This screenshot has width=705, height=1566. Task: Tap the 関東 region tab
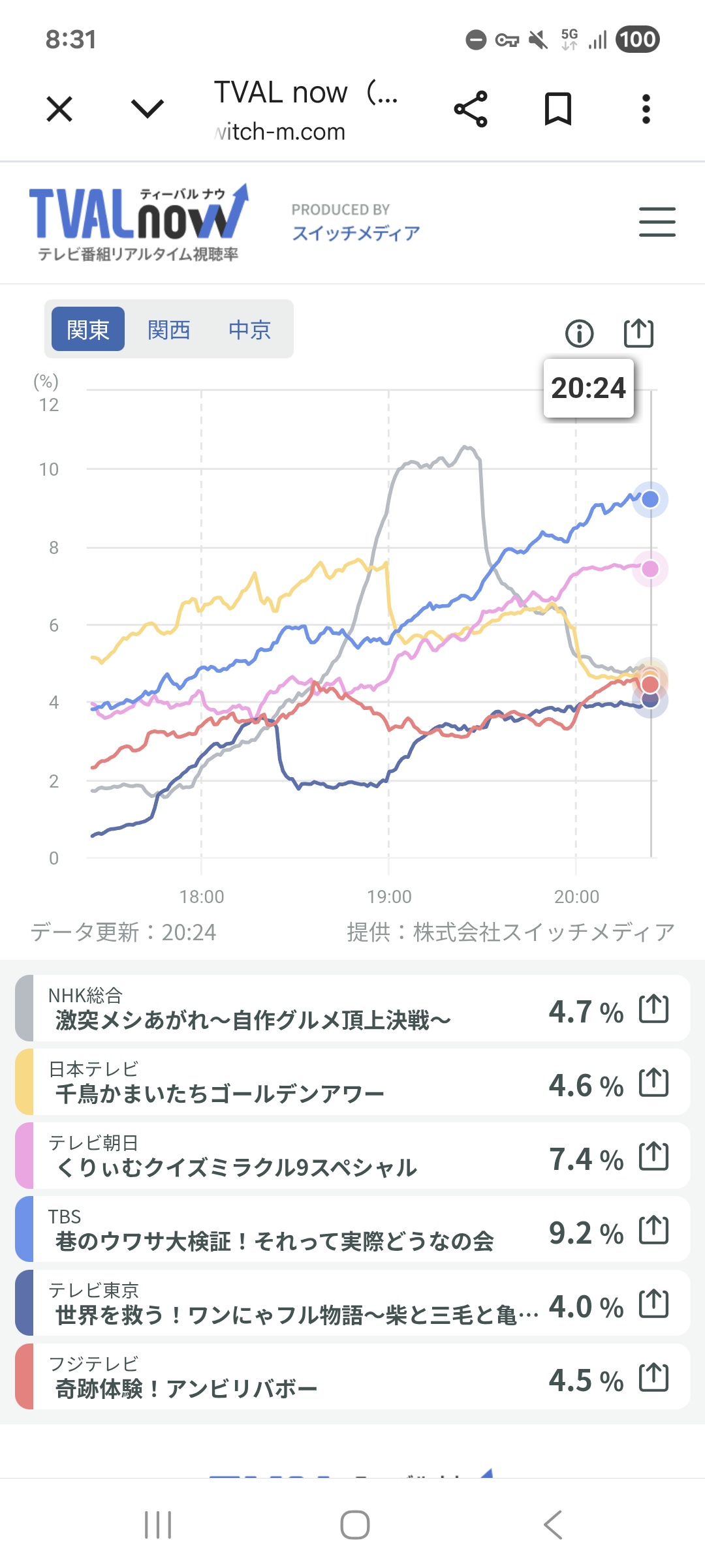pyautogui.click(x=88, y=330)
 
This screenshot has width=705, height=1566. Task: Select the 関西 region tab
pyautogui.click(x=168, y=330)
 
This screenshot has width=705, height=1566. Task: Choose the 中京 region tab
pyautogui.click(x=249, y=330)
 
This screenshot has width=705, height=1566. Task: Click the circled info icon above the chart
pyautogui.click(x=579, y=333)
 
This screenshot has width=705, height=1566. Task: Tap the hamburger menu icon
pyautogui.click(x=657, y=222)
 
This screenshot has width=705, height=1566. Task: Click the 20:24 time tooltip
pyautogui.click(x=588, y=388)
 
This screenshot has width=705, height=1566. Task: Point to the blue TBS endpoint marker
pyautogui.click(x=650, y=500)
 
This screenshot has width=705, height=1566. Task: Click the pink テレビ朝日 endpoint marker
pyautogui.click(x=650, y=569)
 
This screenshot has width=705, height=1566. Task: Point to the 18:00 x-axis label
pyautogui.click(x=202, y=897)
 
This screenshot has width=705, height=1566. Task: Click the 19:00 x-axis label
pyautogui.click(x=389, y=897)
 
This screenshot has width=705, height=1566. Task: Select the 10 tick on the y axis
pyautogui.click(x=49, y=470)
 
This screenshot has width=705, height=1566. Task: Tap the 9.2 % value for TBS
pyautogui.click(x=586, y=1233)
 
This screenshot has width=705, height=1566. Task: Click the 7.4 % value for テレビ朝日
pyautogui.click(x=586, y=1159)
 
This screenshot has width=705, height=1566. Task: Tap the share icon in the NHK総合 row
pyautogui.click(x=653, y=1009)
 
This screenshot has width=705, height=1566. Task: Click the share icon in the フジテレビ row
pyautogui.click(x=653, y=1377)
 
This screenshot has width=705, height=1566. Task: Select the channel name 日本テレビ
pyautogui.click(x=93, y=1069)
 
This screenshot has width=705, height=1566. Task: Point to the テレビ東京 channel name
pyautogui.click(x=93, y=1290)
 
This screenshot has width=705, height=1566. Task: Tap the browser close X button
pyautogui.click(x=59, y=108)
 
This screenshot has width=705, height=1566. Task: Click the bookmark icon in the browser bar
pyautogui.click(x=558, y=108)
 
